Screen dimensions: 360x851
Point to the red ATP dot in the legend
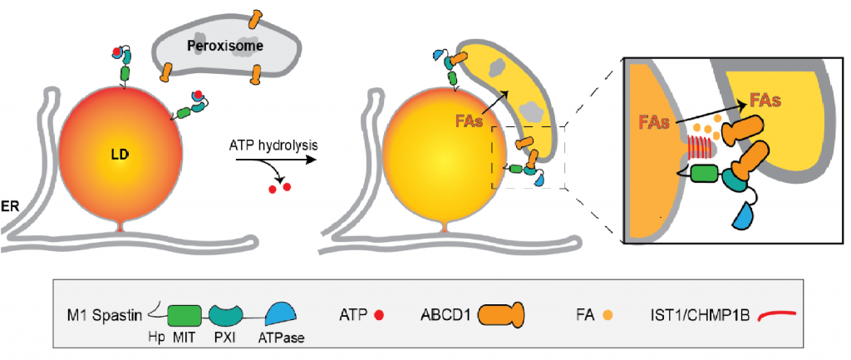pos(379,315)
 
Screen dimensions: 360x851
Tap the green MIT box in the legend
pos(184,314)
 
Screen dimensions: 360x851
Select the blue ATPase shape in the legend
pos(283,313)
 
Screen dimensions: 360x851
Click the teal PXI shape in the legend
pos(227,314)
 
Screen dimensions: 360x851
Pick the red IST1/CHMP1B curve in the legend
pos(776,314)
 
